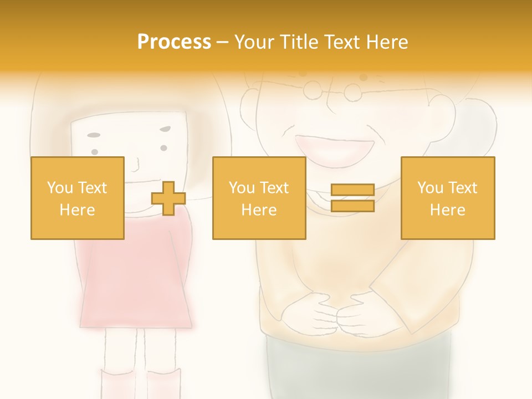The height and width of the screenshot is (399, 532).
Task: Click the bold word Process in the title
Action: tap(174, 42)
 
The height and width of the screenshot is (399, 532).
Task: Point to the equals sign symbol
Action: tap(352, 198)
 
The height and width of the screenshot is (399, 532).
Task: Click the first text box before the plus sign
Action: tap(78, 198)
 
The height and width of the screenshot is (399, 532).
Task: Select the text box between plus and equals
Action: tap(259, 198)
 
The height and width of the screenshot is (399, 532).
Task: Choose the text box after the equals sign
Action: tap(447, 198)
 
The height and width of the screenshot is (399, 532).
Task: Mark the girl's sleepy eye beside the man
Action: tap(165, 130)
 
